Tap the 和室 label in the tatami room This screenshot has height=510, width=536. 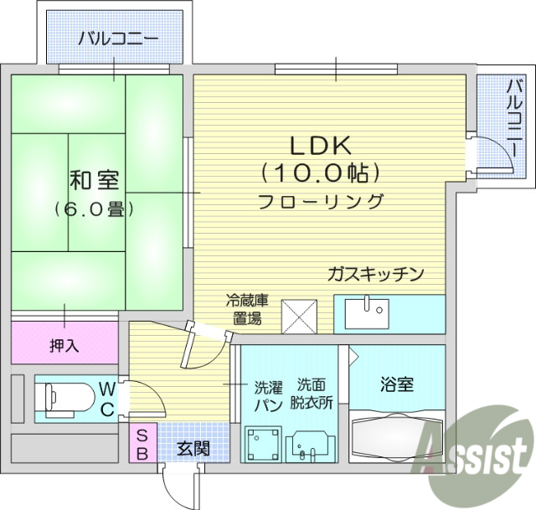point(93,179)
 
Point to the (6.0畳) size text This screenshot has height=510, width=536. point(95,209)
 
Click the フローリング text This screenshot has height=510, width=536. point(321,202)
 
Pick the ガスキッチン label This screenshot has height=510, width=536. point(376,274)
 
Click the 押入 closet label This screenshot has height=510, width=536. point(64,344)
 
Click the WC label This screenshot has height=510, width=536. point(107,397)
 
